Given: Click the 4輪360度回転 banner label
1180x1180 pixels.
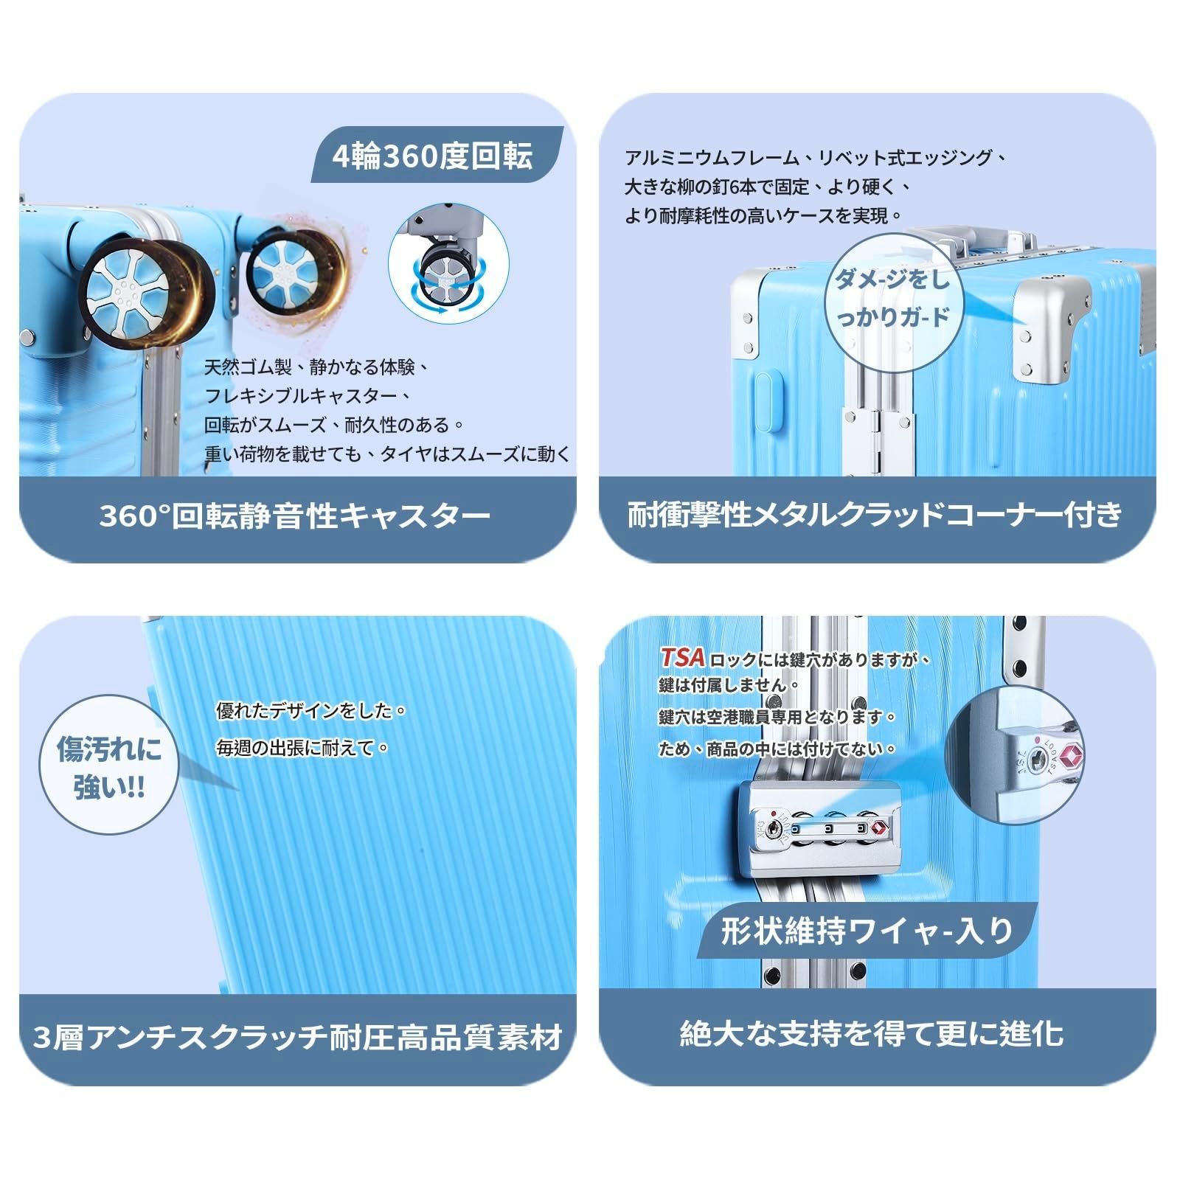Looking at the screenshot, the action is coord(433,156).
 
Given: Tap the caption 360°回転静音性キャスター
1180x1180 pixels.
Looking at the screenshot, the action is coord(295,516).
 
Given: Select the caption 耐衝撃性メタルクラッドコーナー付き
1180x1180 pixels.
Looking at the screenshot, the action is coord(875,515).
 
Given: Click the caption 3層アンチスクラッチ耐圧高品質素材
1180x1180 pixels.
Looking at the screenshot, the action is coord(298,1038).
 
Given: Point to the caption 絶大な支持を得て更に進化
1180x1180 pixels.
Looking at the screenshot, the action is coord(872,1033).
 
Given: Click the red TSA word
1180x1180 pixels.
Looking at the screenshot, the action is coord(683,657).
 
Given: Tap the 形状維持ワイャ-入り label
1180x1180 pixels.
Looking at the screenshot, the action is coord(868,931).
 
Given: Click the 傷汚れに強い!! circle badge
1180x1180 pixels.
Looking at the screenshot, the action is coord(109,768).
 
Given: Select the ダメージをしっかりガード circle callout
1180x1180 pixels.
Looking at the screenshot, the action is coord(892,298).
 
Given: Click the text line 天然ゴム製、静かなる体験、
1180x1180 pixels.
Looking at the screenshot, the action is coord(318,367).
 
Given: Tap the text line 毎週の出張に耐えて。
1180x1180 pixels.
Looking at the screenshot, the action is coord(303,748).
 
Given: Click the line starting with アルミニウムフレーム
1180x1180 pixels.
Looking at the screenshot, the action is coord(816,157).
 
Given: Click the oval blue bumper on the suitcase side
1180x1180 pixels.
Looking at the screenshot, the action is coord(767,401).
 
